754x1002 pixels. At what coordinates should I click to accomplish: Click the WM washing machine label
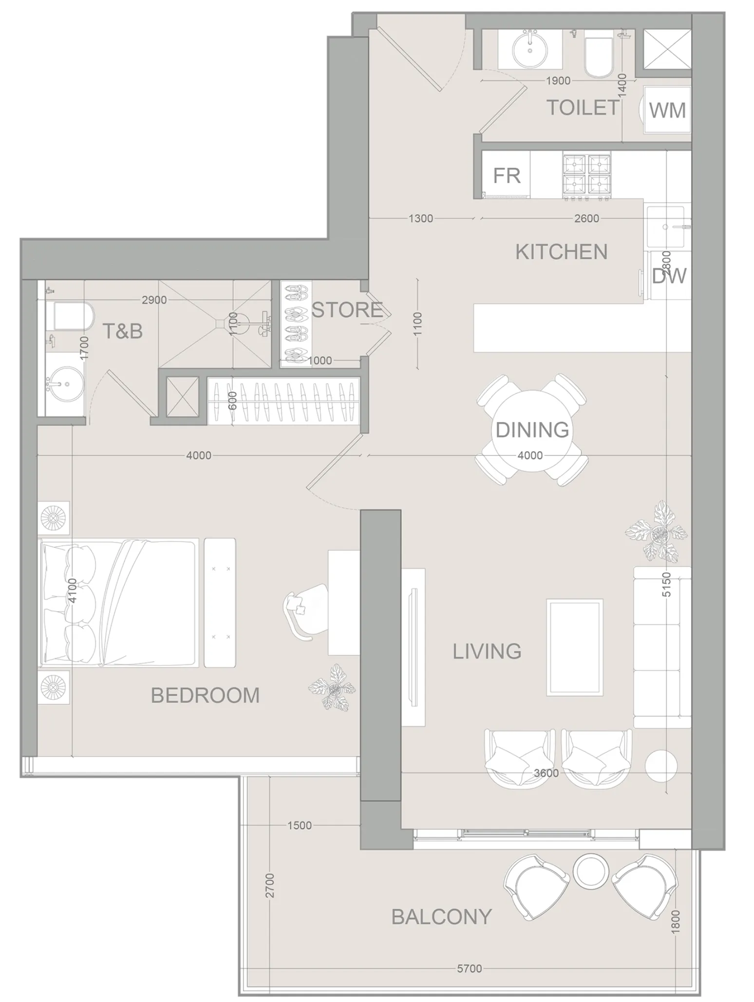(x=667, y=111)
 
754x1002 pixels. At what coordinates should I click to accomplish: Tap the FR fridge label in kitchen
(x=507, y=175)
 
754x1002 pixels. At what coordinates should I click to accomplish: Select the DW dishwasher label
(x=669, y=276)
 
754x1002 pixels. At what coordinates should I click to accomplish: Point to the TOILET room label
(x=583, y=108)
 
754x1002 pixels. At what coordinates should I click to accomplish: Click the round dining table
(x=532, y=430)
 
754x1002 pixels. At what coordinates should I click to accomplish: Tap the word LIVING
(x=487, y=652)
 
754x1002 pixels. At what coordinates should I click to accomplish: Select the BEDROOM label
(x=205, y=695)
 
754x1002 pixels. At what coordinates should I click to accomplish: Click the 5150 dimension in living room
(x=667, y=584)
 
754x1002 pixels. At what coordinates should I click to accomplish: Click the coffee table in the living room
(x=575, y=647)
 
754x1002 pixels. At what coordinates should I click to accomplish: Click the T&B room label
(x=122, y=331)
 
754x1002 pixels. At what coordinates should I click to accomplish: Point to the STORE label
(x=347, y=310)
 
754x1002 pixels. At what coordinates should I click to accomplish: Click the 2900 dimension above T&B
(x=154, y=300)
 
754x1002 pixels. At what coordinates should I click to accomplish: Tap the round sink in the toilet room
(x=530, y=49)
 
